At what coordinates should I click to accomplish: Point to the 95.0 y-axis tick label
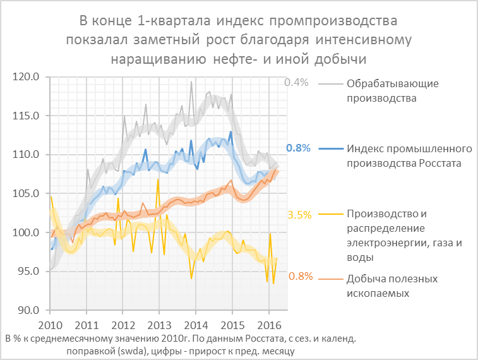pos(28,272)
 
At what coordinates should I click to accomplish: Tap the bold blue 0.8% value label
pos(298,148)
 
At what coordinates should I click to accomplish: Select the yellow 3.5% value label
pos(299,215)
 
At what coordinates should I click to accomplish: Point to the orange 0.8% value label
pos(300,277)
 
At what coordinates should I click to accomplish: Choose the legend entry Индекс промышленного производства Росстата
pos(409,156)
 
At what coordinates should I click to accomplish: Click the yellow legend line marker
pos(330,215)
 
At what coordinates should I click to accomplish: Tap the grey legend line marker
pos(330,83)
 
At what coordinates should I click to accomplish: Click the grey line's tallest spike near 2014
pos(191,82)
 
